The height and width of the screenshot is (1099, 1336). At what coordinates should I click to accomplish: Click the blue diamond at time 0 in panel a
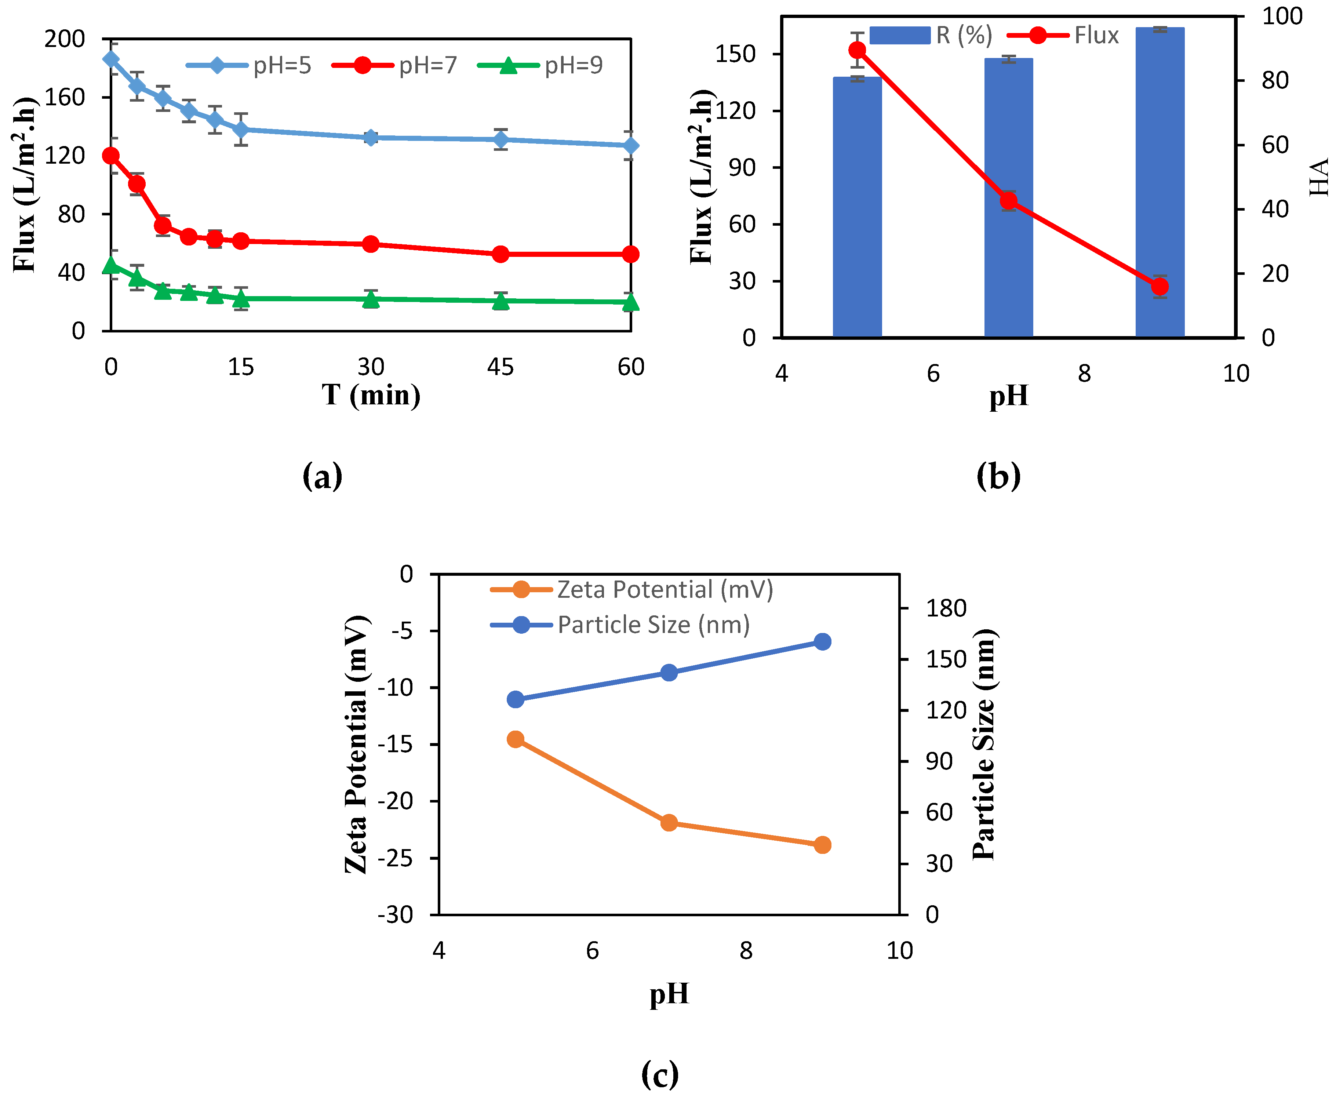(x=111, y=59)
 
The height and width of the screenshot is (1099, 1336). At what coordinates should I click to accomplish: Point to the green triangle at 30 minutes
(x=371, y=299)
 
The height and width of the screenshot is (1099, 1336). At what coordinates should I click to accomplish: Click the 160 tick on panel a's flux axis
(x=65, y=97)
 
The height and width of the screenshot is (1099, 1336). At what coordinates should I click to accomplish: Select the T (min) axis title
(x=371, y=395)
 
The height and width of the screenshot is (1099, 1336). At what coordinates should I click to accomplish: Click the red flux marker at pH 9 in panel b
(x=1160, y=287)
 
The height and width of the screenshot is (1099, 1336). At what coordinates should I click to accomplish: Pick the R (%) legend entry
(x=930, y=36)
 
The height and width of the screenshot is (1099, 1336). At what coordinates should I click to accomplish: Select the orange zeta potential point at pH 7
(x=669, y=823)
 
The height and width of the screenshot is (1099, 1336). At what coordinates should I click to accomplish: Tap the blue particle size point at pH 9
(x=822, y=642)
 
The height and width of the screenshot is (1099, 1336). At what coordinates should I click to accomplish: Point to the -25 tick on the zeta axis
(x=395, y=858)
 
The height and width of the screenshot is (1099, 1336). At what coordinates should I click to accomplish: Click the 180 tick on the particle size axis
(x=946, y=608)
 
